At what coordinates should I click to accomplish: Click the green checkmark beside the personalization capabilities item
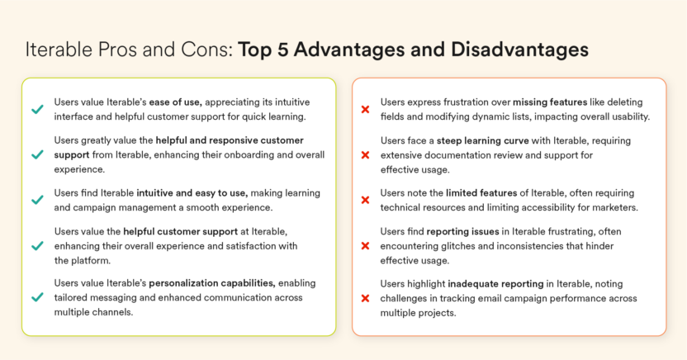[x=37, y=297]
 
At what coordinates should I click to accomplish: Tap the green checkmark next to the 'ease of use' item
[x=37, y=109]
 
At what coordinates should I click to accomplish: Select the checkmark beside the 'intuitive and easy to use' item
[x=37, y=200]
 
